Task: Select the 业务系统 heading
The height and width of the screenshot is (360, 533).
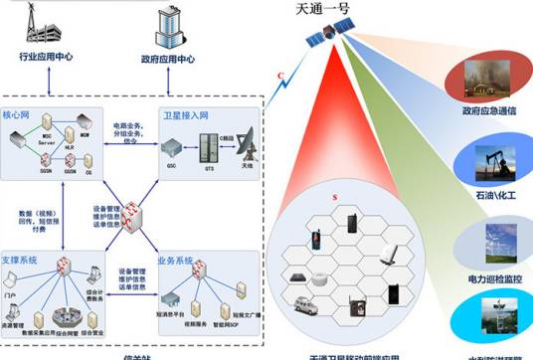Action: coord(175,261)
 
